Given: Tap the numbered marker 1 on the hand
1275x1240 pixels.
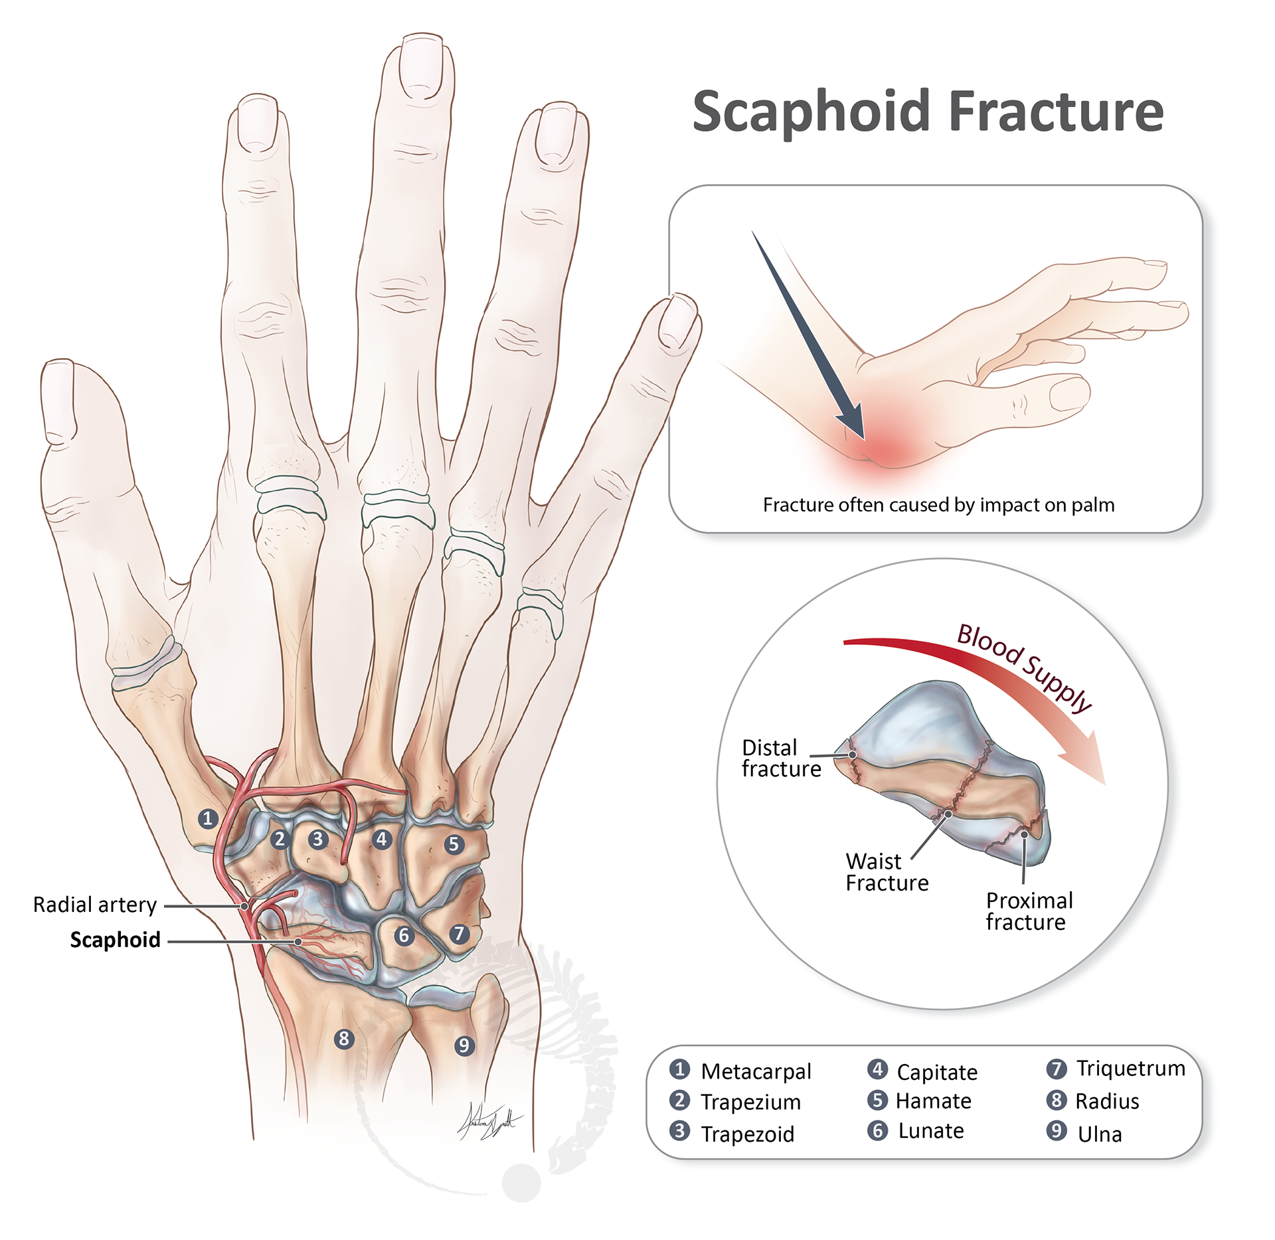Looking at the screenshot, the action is (208, 818).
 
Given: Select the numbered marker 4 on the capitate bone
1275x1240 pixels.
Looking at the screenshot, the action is (381, 839).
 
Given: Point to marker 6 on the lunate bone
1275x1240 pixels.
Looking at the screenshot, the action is (404, 936).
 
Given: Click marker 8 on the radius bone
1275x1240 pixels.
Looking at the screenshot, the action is (343, 1038).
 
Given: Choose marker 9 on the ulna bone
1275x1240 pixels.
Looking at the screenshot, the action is (464, 1046).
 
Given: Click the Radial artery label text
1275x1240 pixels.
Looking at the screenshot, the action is (95, 905).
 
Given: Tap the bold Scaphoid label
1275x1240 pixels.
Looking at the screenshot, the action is (116, 940).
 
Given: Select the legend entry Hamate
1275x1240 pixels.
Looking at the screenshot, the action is (933, 1101).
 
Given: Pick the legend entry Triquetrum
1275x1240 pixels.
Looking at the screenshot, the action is (1130, 1068).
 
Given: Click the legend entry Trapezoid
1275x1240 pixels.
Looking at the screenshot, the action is (747, 1134).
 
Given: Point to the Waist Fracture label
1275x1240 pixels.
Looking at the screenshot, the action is (887, 872).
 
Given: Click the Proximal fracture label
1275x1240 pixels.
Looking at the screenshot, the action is (1029, 911).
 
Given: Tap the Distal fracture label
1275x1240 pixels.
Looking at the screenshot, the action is (781, 758).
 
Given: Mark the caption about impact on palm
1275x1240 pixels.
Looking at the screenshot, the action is (938, 505).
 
